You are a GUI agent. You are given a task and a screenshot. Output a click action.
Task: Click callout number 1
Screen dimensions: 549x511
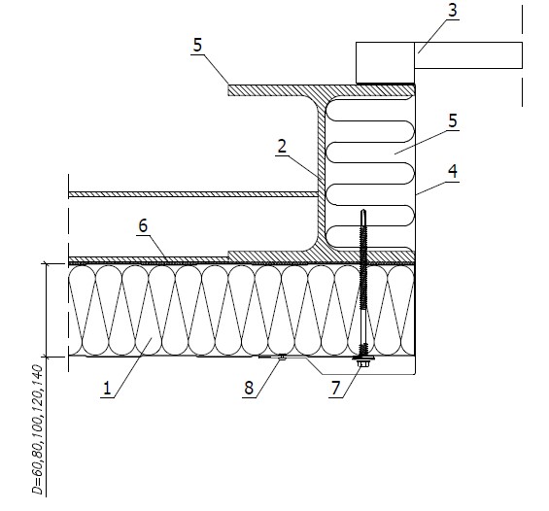pos(107,389)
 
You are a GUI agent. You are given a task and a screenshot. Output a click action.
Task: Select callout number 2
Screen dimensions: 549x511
pos(282,146)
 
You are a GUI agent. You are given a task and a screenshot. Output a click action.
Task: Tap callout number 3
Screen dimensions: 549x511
pos(453,10)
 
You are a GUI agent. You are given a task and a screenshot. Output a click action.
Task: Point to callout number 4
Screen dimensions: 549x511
pos(453,171)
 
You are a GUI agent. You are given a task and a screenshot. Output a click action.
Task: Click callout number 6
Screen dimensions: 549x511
pos(143,225)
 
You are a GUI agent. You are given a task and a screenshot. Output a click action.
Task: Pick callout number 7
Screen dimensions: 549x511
pos(336,388)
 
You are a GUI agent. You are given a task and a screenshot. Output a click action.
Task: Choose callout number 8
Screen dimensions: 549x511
pos(249,388)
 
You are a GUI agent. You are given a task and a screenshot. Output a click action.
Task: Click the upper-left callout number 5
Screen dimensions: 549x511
pos(197,45)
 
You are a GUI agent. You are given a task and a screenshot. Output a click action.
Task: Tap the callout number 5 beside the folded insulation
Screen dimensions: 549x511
pos(453,120)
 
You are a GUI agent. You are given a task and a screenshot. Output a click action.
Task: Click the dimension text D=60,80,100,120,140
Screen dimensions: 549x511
pos(37,429)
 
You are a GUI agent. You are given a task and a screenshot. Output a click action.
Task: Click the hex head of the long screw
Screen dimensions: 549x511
pos(363,363)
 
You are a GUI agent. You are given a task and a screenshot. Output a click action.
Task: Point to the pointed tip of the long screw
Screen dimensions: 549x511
pos(363,210)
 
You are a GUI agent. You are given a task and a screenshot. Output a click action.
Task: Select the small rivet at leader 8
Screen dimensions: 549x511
pos(282,357)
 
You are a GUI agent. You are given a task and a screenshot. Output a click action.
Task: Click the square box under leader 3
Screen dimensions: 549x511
pos(385,62)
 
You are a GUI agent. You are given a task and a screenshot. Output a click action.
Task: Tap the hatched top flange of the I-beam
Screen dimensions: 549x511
pos(321,90)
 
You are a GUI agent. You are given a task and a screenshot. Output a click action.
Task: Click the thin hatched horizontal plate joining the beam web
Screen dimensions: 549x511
pos(193,194)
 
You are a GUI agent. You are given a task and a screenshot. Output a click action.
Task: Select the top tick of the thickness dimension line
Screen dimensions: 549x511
pos(47,264)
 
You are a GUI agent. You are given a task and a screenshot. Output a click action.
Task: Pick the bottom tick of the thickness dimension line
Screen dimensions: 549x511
pos(47,357)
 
